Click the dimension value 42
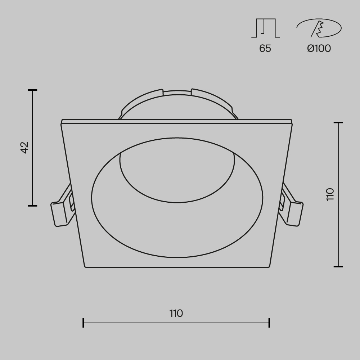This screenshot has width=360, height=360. pyautogui.click(x=24, y=148)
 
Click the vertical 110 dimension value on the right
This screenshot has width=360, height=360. pyautogui.click(x=330, y=194)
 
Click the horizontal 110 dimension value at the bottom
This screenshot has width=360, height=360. pyautogui.click(x=176, y=313)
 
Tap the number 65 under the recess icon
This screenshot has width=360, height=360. pyautogui.click(x=265, y=48)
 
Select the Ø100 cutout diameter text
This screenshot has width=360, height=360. pyautogui.click(x=319, y=48)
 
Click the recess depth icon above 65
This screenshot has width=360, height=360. pyautogui.click(x=265, y=28)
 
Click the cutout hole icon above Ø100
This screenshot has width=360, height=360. pyautogui.click(x=319, y=28)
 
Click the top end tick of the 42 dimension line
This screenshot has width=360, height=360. pyautogui.click(x=32, y=90)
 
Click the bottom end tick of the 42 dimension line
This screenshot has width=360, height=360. pyautogui.click(x=32, y=206)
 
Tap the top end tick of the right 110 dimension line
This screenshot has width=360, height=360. pyautogui.click(x=338, y=123)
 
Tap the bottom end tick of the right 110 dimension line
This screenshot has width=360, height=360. pyautogui.click(x=338, y=266)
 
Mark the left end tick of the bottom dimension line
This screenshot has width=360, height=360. pyautogui.click(x=84, y=323)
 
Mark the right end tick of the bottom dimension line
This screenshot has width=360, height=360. pyautogui.click(x=269, y=323)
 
